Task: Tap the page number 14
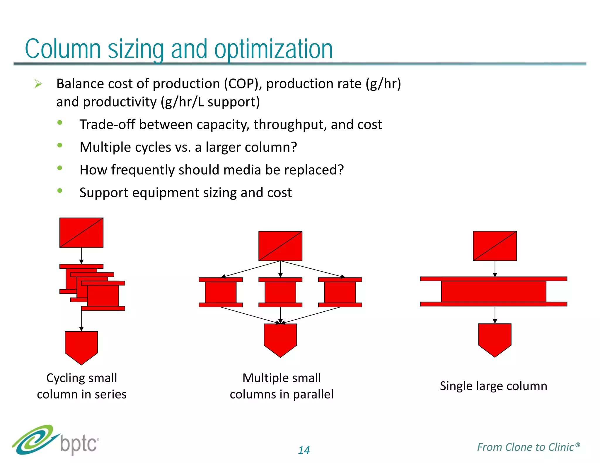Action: click(304, 450)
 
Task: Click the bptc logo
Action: click(56, 440)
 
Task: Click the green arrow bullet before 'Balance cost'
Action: click(38, 84)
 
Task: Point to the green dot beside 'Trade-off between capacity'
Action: click(60, 123)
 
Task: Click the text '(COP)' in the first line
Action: click(243, 84)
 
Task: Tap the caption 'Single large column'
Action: click(493, 386)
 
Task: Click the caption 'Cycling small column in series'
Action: click(81, 386)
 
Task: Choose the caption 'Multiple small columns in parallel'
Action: click(281, 386)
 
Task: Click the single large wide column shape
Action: click(494, 291)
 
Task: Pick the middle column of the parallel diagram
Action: click(280, 292)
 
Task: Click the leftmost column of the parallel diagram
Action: click(221, 292)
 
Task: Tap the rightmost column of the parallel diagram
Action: click(340, 292)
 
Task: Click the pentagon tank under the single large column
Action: click(495, 339)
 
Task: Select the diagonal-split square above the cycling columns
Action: click(81, 232)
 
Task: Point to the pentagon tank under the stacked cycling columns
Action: click(81, 346)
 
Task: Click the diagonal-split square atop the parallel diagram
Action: click(280, 246)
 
